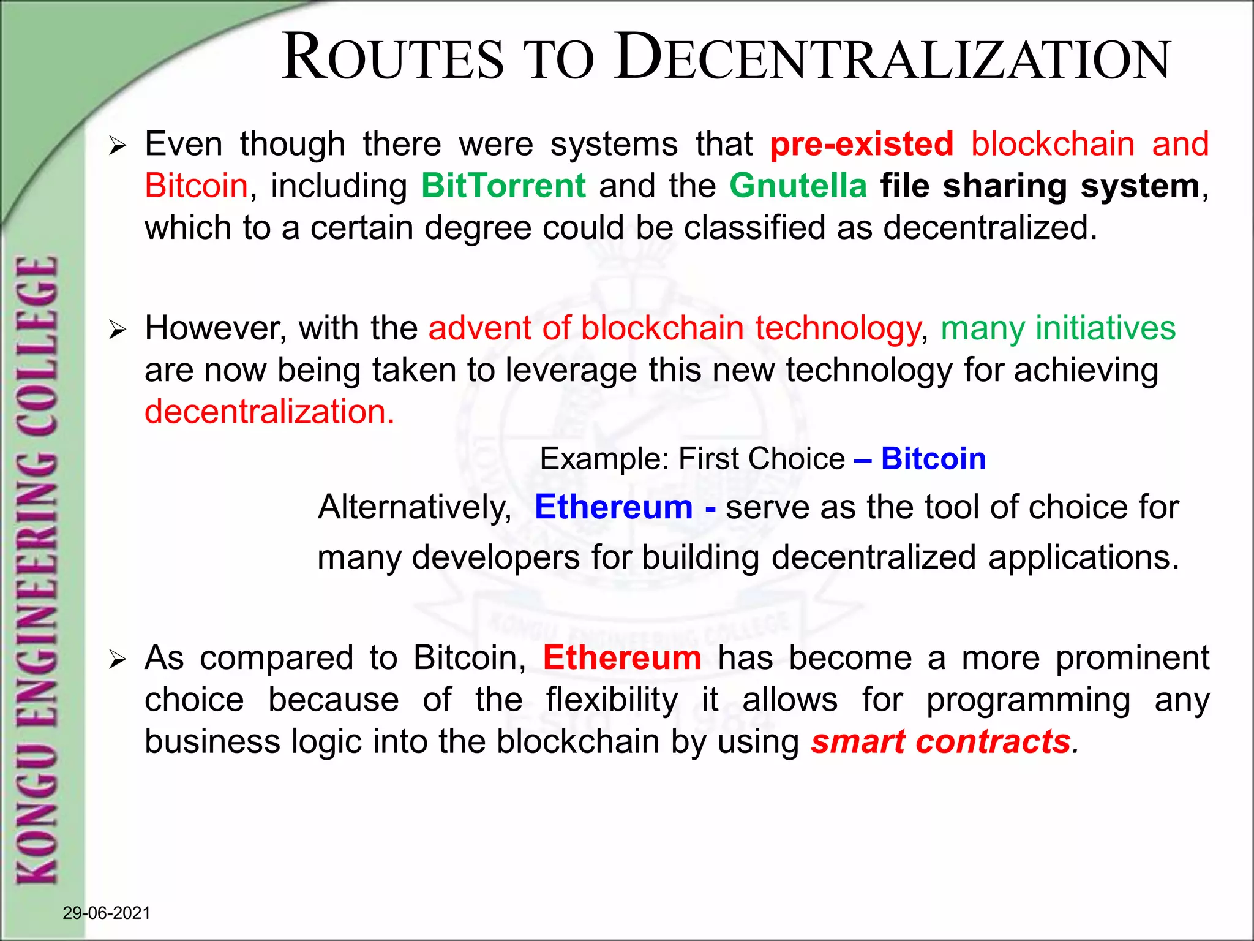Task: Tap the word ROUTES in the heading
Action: pos(392,58)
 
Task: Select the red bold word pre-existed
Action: pos(862,145)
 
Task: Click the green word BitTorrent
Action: pos(503,186)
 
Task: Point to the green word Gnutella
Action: pos(798,186)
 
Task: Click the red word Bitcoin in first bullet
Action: pos(196,186)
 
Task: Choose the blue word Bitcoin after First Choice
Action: pos(933,459)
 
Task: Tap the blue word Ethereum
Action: pos(614,507)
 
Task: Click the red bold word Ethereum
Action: pos(622,658)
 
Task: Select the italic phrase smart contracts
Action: pos(940,742)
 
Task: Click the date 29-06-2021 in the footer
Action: pos(107,913)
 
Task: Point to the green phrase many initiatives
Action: pos(1058,328)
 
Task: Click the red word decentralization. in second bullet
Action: pos(269,412)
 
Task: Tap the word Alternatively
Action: pos(415,508)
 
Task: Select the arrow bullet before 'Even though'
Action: pos(117,146)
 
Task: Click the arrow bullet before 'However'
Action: pos(117,330)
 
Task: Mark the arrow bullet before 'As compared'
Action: pos(117,660)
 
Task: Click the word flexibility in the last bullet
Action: pos(612,700)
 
